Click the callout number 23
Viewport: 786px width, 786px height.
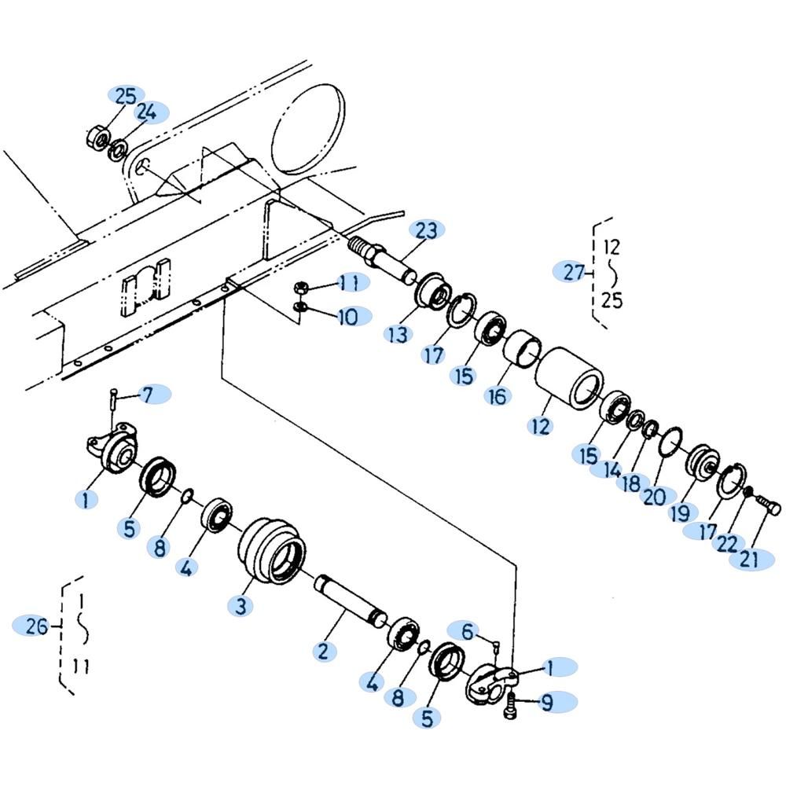pyautogui.click(x=427, y=230)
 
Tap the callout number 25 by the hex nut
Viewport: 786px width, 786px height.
pyautogui.click(x=126, y=96)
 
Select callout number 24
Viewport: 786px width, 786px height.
pyautogui.click(x=146, y=112)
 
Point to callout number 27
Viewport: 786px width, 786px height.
pyautogui.click(x=574, y=272)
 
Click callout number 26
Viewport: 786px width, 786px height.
pyautogui.click(x=37, y=626)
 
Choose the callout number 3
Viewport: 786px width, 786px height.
pyautogui.click(x=241, y=605)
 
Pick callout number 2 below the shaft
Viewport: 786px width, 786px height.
pyautogui.click(x=323, y=651)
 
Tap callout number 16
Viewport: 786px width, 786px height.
pyautogui.click(x=498, y=396)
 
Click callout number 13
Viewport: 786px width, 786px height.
pyautogui.click(x=398, y=335)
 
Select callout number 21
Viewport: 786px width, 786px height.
pyautogui.click(x=749, y=559)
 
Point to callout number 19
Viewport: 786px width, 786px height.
pyautogui.click(x=680, y=512)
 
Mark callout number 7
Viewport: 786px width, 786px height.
pyautogui.click(x=148, y=395)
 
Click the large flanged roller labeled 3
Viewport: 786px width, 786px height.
pyautogui.click(x=271, y=552)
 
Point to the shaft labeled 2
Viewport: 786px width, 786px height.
pyautogui.click(x=351, y=598)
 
